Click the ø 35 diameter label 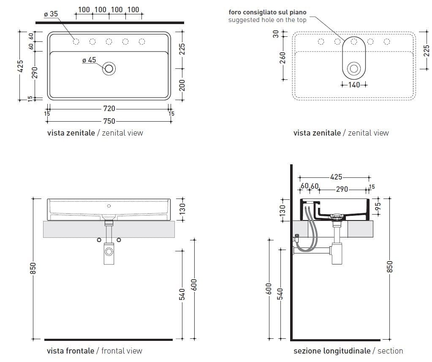point(51,14)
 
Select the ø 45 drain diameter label point(89,60)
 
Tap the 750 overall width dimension point(109,121)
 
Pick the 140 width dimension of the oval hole point(354,85)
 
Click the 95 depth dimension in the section point(378,207)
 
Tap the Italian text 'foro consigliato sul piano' point(267,12)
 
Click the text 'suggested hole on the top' point(267,20)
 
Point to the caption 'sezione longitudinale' point(331,351)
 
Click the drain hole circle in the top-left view point(109,68)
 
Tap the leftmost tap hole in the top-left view point(76,41)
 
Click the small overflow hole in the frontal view point(109,206)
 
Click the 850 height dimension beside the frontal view point(34,267)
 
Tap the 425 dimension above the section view point(336,177)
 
